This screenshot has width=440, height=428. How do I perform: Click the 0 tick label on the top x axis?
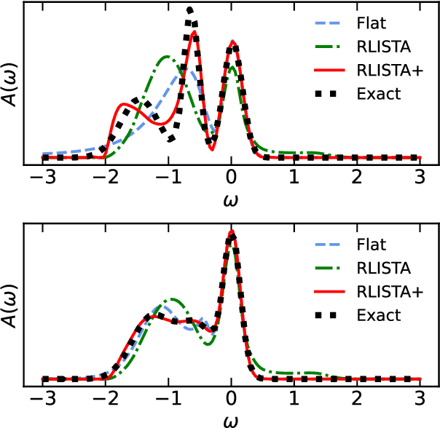pos(232,178)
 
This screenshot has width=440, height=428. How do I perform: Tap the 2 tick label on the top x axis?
pos(357,178)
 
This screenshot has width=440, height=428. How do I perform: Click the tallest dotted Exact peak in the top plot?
pos(190,11)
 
